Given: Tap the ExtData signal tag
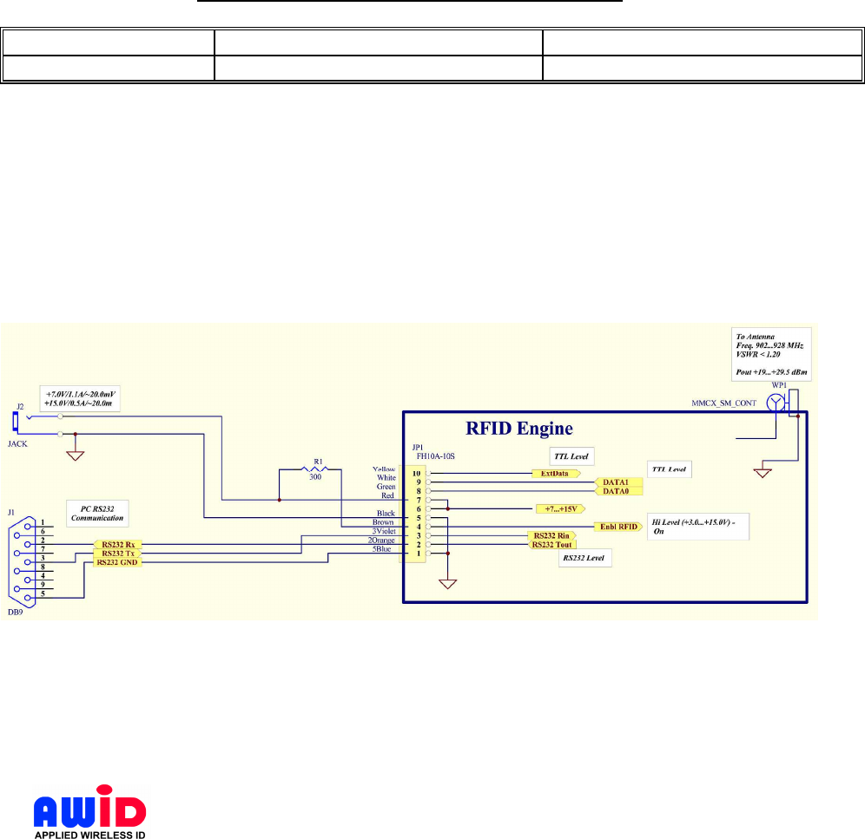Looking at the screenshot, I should pyautogui.click(x=556, y=474).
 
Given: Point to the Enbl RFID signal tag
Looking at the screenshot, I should pyautogui.click(x=618, y=527).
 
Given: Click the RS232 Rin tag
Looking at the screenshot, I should pyautogui.click(x=551, y=536).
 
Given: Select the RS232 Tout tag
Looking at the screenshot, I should pyautogui.click(x=551, y=545).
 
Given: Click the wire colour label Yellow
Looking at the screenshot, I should pyautogui.click(x=382, y=469).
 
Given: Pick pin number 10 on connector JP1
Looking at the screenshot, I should pyautogui.click(x=418, y=474).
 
